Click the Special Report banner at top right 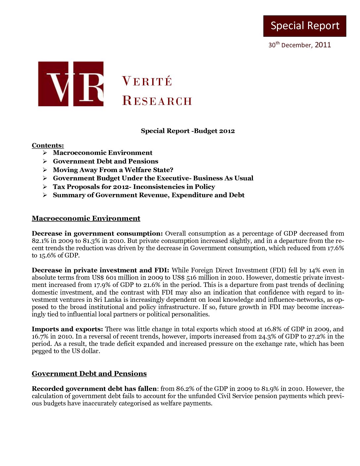305,26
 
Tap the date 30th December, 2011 299,45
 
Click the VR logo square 71,84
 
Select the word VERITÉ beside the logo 147,81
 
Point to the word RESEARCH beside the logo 157,101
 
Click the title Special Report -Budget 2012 188,131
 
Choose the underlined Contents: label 48,145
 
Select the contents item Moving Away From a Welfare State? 113,170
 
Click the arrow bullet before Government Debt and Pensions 45,161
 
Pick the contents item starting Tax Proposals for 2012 134,187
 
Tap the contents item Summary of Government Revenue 149,195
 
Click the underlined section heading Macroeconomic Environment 86,218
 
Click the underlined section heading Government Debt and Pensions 89,374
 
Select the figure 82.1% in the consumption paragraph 39,241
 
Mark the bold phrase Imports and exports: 67,329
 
